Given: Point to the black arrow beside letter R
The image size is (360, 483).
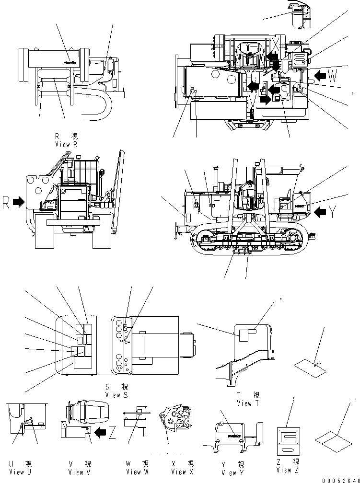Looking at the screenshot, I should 19,202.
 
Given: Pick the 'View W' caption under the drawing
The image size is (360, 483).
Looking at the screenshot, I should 138,472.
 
